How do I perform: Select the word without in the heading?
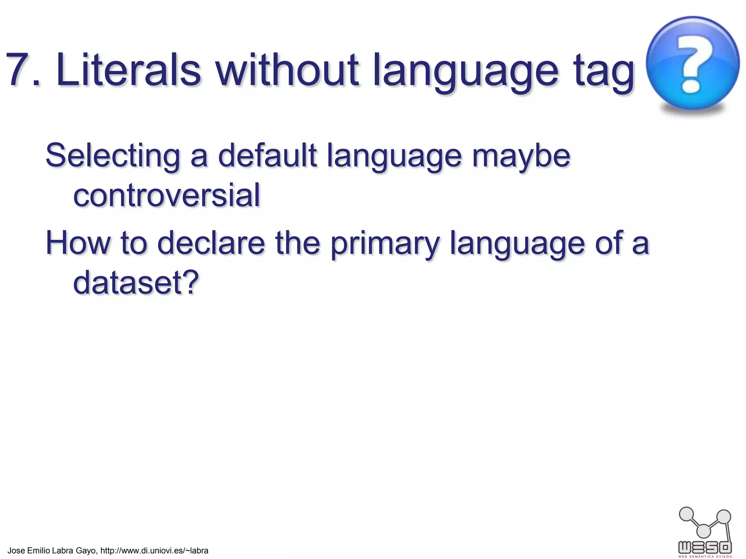click(x=287, y=70)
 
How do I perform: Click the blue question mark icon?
click(x=692, y=63)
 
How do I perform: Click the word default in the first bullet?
click(x=267, y=156)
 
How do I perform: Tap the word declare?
click(x=211, y=243)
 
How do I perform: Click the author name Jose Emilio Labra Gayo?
click(x=52, y=550)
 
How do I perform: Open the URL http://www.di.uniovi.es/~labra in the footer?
click(x=154, y=550)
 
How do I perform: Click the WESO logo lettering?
click(x=705, y=547)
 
